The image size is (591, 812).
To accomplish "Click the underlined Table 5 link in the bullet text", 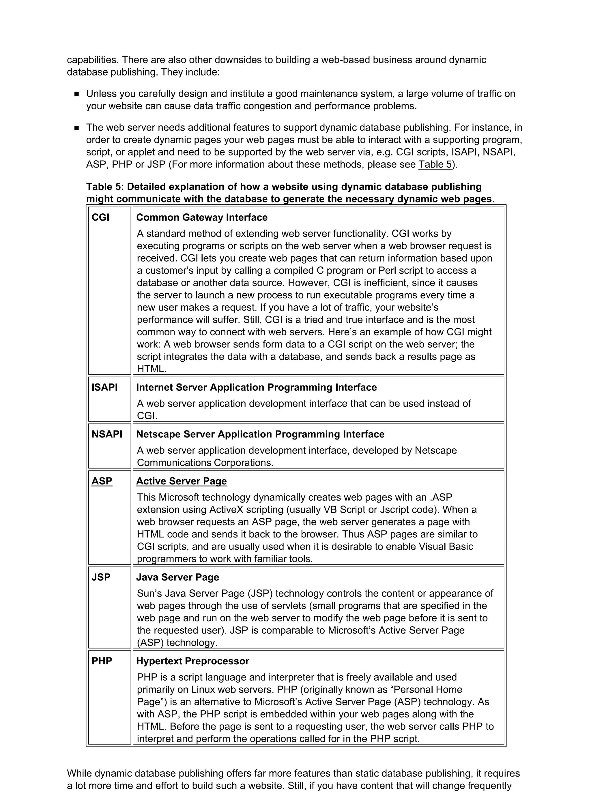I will (435, 164).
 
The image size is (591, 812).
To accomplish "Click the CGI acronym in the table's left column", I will (100, 217).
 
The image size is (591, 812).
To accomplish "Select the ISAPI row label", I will (104, 387).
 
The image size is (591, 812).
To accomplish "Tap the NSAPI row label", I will (107, 434).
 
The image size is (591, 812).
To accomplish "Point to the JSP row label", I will (101, 577).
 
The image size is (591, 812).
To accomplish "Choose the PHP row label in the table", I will (102, 661).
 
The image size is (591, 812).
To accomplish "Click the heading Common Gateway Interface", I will (202, 217).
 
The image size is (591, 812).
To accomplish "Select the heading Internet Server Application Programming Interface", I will (256, 387).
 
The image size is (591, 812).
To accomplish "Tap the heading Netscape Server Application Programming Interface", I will (260, 434).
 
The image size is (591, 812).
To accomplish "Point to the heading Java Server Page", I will (177, 577).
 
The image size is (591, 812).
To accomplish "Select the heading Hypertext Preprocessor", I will (192, 661).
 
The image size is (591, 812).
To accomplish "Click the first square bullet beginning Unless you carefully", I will (76, 94).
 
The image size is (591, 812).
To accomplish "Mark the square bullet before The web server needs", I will (76, 128).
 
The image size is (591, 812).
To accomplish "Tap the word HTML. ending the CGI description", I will (152, 369).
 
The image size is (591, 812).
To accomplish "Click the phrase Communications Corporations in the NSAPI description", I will (205, 463).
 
